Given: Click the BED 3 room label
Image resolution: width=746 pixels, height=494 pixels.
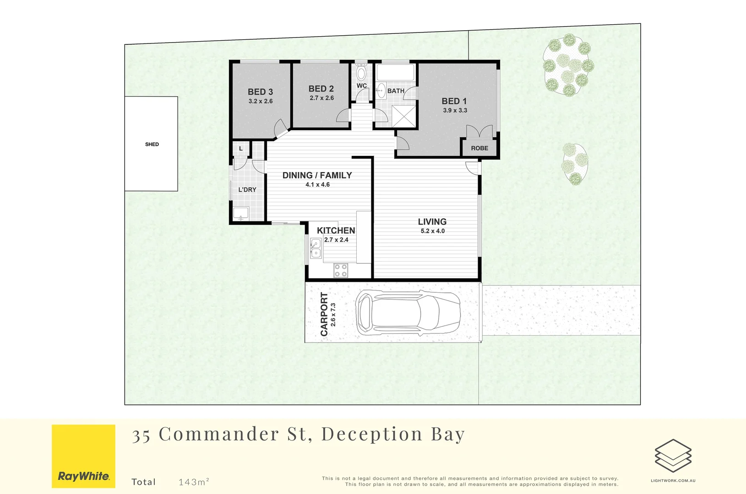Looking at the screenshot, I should pyautogui.click(x=260, y=92).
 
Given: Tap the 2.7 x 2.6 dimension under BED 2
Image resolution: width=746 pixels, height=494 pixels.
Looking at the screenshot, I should pyautogui.click(x=321, y=98).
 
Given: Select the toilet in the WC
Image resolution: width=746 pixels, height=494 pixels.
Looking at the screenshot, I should pyautogui.click(x=361, y=72).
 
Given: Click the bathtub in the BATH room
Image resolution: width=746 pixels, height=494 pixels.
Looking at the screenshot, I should pyautogui.click(x=395, y=72).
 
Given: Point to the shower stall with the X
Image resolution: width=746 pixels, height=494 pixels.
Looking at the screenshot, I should pyautogui.click(x=403, y=116).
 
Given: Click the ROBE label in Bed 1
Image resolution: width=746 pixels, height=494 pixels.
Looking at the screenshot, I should pyautogui.click(x=479, y=148).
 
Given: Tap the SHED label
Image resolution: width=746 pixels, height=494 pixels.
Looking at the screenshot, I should pyautogui.click(x=152, y=144).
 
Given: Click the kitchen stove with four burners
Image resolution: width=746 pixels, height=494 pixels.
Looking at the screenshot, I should pyautogui.click(x=340, y=270).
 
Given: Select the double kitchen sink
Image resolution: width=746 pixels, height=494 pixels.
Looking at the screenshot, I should pyautogui.click(x=316, y=248).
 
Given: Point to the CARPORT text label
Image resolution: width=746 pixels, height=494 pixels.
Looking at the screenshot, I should pyautogui.click(x=324, y=314).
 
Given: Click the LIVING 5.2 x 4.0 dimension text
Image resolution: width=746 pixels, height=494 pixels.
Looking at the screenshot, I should pyautogui.click(x=432, y=231).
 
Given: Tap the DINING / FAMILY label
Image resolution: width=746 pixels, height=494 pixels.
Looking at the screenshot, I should pyautogui.click(x=317, y=175).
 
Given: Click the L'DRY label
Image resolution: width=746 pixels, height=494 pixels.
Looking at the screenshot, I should pyautogui.click(x=247, y=189).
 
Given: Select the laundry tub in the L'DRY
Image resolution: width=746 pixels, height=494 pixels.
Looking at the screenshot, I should pyautogui.click(x=240, y=213).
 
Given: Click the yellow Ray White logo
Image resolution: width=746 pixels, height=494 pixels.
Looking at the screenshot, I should pyautogui.click(x=83, y=456).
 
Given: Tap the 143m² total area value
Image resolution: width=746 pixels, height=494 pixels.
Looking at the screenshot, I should pyautogui.click(x=194, y=482).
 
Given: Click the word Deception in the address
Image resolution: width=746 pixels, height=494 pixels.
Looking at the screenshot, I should pyautogui.click(x=371, y=434).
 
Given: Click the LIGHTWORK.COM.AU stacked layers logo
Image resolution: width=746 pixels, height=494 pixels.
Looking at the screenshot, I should pyautogui.click(x=673, y=456).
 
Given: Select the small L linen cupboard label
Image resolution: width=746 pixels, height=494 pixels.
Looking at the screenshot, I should pyautogui.click(x=241, y=149).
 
